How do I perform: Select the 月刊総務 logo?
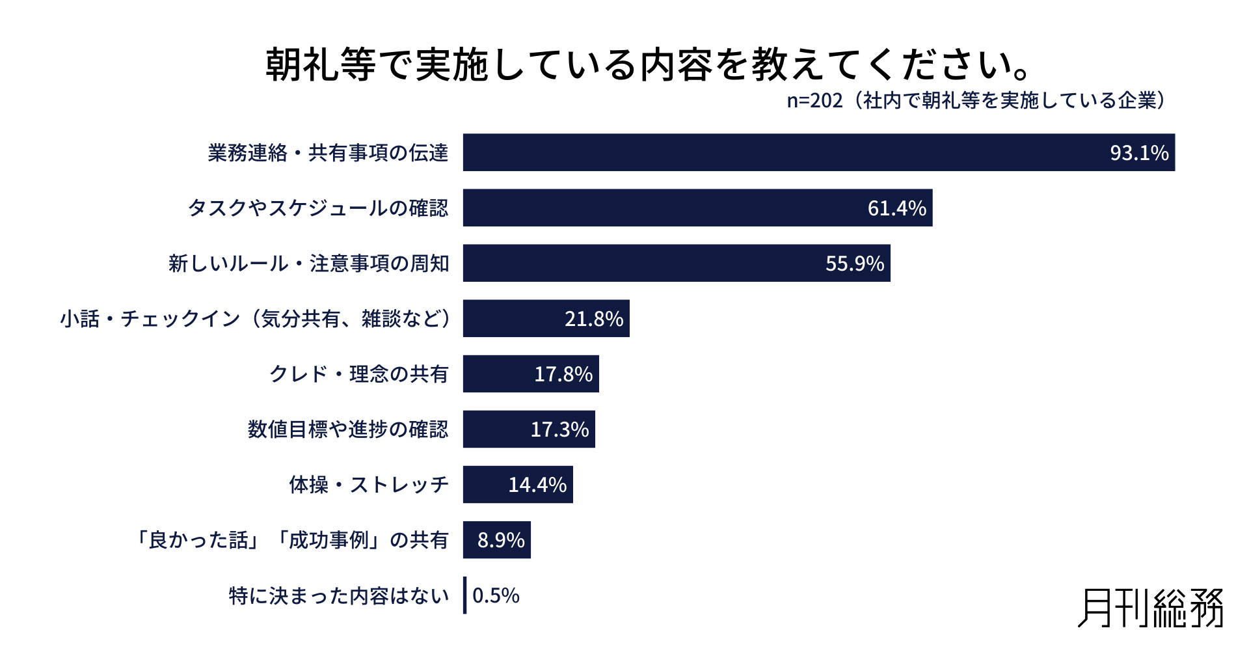click(1150, 608)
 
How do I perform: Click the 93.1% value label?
click(1139, 153)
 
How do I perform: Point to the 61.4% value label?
click(896, 208)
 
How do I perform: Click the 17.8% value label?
click(563, 374)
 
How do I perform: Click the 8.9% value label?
click(501, 540)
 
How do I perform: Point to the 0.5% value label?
click(496, 595)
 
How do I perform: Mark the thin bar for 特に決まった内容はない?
click(465, 595)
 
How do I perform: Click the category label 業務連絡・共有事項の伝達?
click(328, 153)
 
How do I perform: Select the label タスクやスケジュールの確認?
click(318, 208)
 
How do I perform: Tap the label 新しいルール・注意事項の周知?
click(308, 264)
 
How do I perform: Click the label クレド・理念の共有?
click(358, 374)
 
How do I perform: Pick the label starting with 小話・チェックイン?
click(255, 319)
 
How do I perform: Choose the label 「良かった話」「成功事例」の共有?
click(291, 540)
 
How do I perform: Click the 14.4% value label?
click(537, 485)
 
